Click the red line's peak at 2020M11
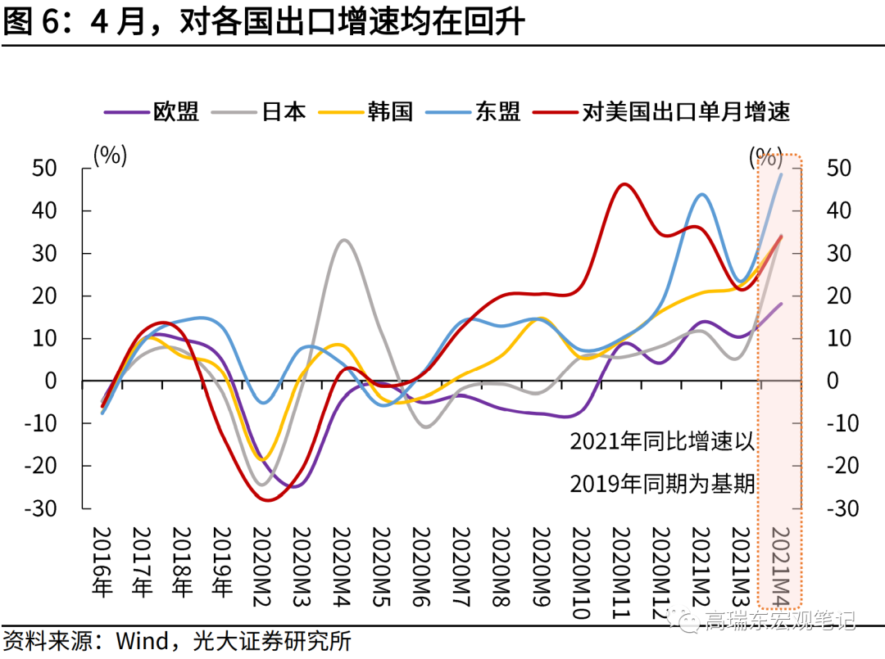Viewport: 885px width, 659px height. pyautogui.click(x=624, y=184)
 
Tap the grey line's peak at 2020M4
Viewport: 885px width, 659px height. pyautogui.click(x=343, y=240)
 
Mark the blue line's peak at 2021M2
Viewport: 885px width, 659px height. pyautogui.click(x=702, y=194)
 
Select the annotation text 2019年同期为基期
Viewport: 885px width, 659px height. pyautogui.click(x=662, y=484)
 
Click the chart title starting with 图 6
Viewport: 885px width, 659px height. pyautogui.click(x=262, y=22)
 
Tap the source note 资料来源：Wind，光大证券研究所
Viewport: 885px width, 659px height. pyautogui.click(x=177, y=640)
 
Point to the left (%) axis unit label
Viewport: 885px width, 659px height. pyautogui.click(x=110, y=155)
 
